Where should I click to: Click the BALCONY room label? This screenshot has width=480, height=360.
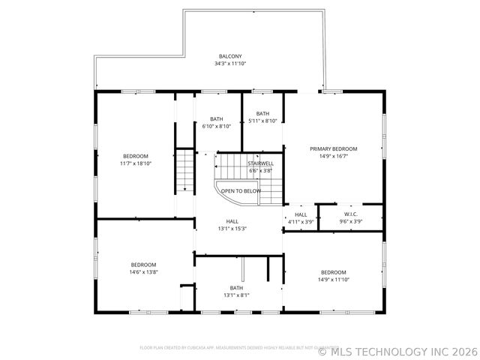tap(230, 56)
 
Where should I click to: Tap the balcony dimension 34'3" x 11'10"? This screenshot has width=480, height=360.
tap(230, 64)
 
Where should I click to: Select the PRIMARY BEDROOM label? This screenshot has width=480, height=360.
tap(334, 148)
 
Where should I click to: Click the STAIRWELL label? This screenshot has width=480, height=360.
tap(261, 163)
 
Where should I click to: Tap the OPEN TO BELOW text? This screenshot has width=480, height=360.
tap(241, 191)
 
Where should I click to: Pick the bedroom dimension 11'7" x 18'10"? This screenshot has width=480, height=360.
tap(136, 163)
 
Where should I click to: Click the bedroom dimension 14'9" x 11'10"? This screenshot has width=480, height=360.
tap(334, 279)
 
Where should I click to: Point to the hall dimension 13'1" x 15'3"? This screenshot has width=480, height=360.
tap(232, 229)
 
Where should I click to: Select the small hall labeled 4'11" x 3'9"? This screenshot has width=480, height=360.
tap(301, 218)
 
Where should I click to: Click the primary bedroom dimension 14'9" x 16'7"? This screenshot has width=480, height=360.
tap(334, 156)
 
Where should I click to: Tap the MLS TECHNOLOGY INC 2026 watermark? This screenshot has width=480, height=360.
tap(397, 350)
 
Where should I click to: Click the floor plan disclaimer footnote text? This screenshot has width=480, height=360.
tap(225, 348)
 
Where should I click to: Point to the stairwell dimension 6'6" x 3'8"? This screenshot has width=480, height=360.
tap(261, 170)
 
